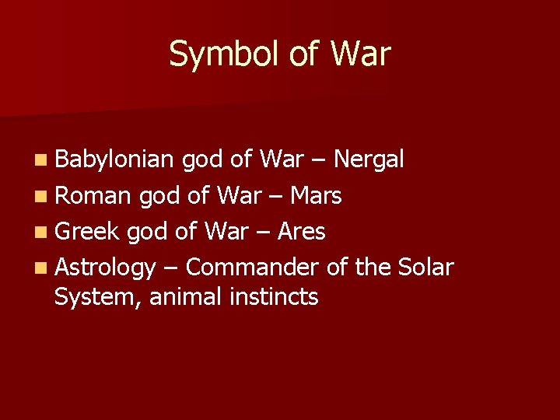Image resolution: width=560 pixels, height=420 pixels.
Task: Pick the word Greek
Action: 87,231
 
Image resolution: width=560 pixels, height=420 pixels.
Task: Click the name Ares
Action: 300,231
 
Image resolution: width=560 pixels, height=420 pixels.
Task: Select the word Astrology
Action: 106,268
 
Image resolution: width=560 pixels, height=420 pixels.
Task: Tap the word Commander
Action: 253,267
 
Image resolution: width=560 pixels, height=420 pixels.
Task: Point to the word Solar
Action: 425,267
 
